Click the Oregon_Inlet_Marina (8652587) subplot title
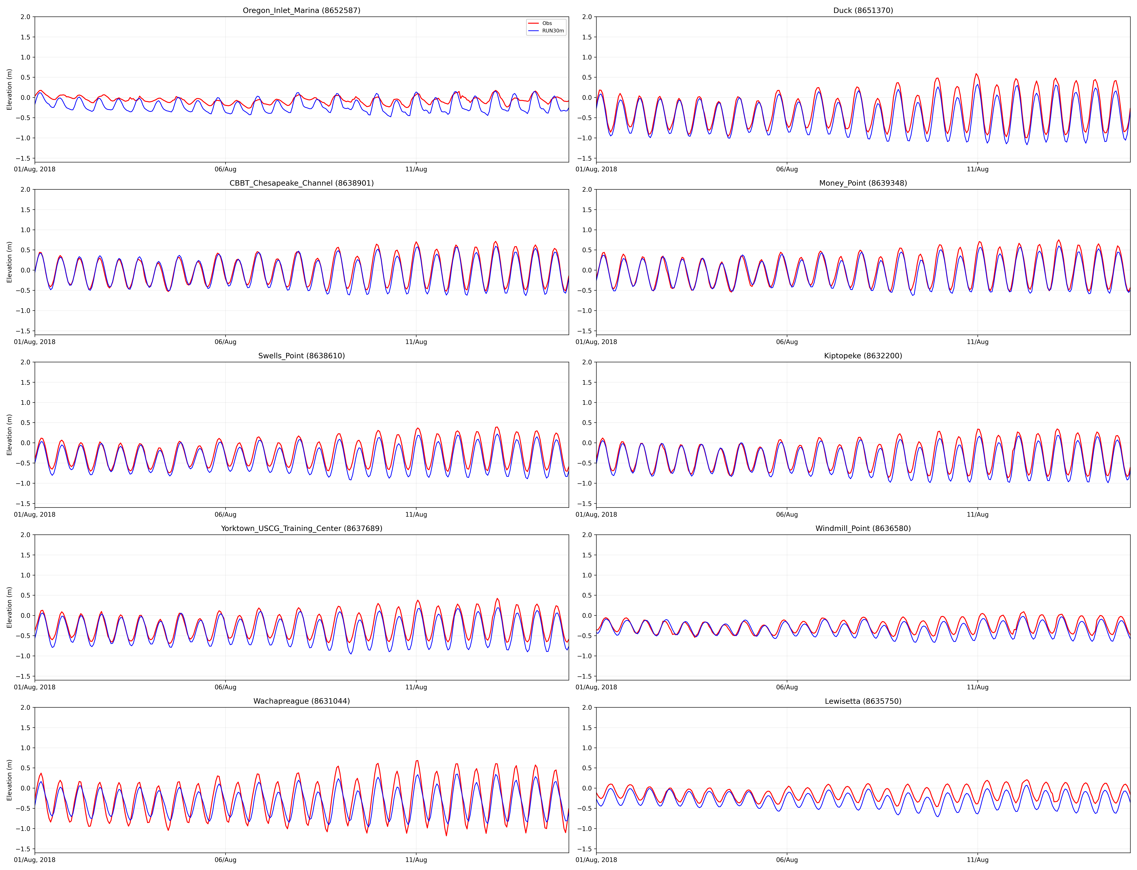(302, 10)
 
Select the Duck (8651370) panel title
(863, 10)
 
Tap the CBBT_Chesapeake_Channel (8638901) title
(302, 183)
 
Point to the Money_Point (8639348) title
(863, 183)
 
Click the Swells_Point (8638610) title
(302, 356)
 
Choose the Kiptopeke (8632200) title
(863, 356)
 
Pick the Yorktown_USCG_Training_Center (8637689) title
(302, 529)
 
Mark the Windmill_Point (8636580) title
(863, 529)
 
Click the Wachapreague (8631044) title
(302, 701)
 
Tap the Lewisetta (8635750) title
(863, 701)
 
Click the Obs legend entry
(547, 23)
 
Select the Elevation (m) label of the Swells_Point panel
(9, 435)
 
